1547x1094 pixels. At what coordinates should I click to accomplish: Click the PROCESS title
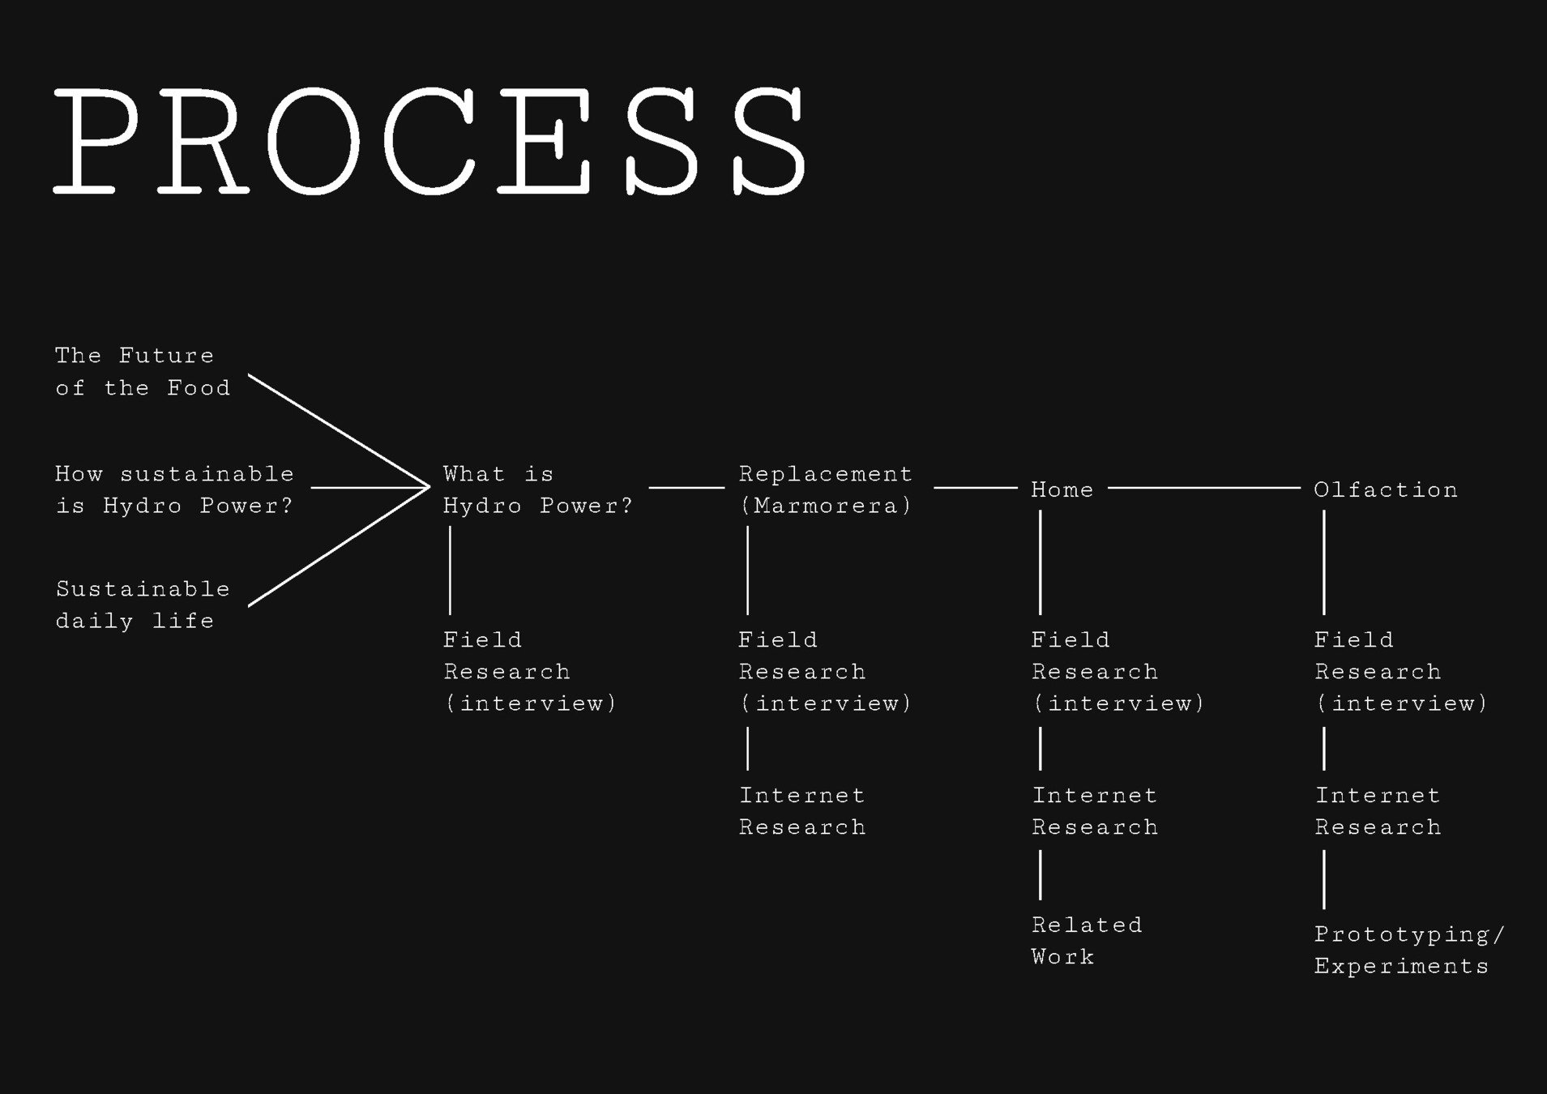tap(429, 141)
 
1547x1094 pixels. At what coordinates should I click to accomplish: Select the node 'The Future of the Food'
tap(142, 372)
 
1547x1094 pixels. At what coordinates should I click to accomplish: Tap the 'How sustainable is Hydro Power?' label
tap(174, 490)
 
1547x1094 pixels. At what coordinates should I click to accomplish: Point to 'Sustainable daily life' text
tap(143, 605)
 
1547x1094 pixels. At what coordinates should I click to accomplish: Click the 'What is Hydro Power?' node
tap(537, 490)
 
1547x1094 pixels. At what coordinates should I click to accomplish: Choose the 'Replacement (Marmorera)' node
tap(825, 490)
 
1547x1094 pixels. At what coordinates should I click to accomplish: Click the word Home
tap(1062, 490)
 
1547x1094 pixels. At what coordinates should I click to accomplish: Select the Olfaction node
tap(1385, 490)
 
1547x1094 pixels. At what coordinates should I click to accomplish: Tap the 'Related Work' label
tap(1086, 941)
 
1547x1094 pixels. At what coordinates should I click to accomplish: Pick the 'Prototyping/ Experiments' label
tap(1408, 950)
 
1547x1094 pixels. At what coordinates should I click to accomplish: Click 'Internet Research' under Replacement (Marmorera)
tap(801, 811)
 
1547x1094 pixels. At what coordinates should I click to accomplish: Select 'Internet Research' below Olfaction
tap(1378, 811)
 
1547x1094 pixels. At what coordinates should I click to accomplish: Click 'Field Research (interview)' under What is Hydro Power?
tap(530, 672)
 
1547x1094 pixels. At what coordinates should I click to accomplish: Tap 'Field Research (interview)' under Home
tap(1118, 672)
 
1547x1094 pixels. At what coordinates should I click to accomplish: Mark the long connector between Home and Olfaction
tap(1203, 488)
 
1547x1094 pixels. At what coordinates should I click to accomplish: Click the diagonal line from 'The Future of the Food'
tap(338, 430)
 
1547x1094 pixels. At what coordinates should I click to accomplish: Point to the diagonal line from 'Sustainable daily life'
tap(338, 547)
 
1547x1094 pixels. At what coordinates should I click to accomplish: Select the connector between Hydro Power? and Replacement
tap(686, 488)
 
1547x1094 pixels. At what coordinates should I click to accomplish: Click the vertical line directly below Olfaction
tap(1324, 562)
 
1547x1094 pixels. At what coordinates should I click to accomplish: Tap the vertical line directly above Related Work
tap(1041, 875)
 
